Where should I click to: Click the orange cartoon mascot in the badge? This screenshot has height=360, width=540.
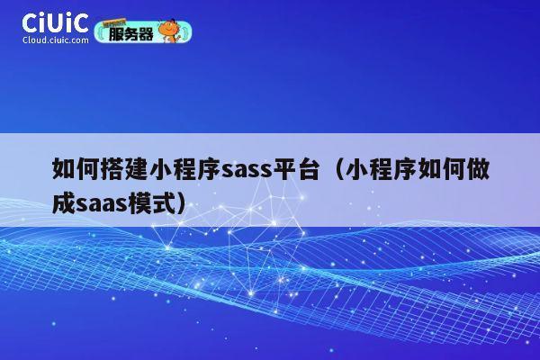coord(167,31)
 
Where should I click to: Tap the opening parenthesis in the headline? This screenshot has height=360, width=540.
coord(329,169)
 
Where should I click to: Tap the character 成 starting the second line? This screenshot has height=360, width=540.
coord(64,201)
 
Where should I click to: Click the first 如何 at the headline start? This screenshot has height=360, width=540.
coord(76,169)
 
